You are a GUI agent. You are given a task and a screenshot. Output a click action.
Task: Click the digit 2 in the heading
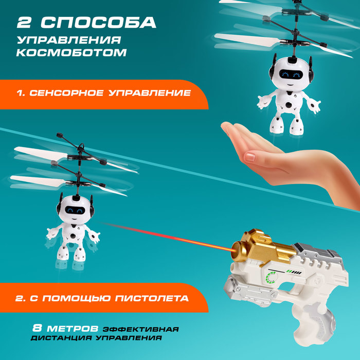click(26, 23)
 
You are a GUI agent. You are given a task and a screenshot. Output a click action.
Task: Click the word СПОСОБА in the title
click(98, 23)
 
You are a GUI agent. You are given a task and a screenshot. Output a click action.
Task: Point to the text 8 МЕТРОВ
click(65, 328)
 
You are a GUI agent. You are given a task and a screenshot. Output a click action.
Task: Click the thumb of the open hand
click(257, 157)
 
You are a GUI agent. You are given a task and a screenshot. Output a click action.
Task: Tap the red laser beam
click(170, 237)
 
